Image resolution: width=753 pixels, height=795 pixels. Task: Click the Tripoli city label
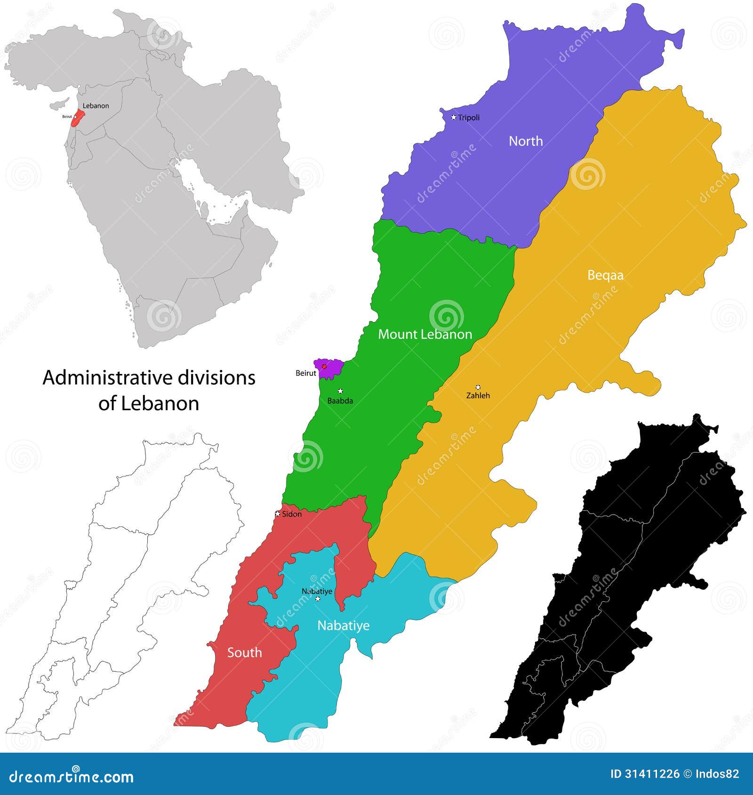[469, 118]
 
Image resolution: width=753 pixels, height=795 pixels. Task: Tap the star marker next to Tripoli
[454, 117]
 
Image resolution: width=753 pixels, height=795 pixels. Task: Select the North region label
[526, 141]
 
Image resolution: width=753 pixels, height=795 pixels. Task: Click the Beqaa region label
[605, 275]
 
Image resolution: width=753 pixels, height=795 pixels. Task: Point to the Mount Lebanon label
[425, 334]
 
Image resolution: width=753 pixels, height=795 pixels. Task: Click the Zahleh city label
[478, 396]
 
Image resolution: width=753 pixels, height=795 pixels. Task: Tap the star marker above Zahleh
[478, 387]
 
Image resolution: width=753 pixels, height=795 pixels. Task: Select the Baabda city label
[340, 401]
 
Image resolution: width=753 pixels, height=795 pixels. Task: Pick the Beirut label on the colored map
[306, 373]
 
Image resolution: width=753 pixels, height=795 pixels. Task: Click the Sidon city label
[292, 514]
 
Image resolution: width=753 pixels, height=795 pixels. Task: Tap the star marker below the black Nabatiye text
[318, 599]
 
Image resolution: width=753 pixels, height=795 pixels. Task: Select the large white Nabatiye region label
[343, 626]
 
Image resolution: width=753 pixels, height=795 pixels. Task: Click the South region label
[244, 652]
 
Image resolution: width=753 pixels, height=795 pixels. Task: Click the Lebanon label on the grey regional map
[96, 106]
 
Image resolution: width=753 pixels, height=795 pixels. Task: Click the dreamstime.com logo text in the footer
[72, 776]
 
